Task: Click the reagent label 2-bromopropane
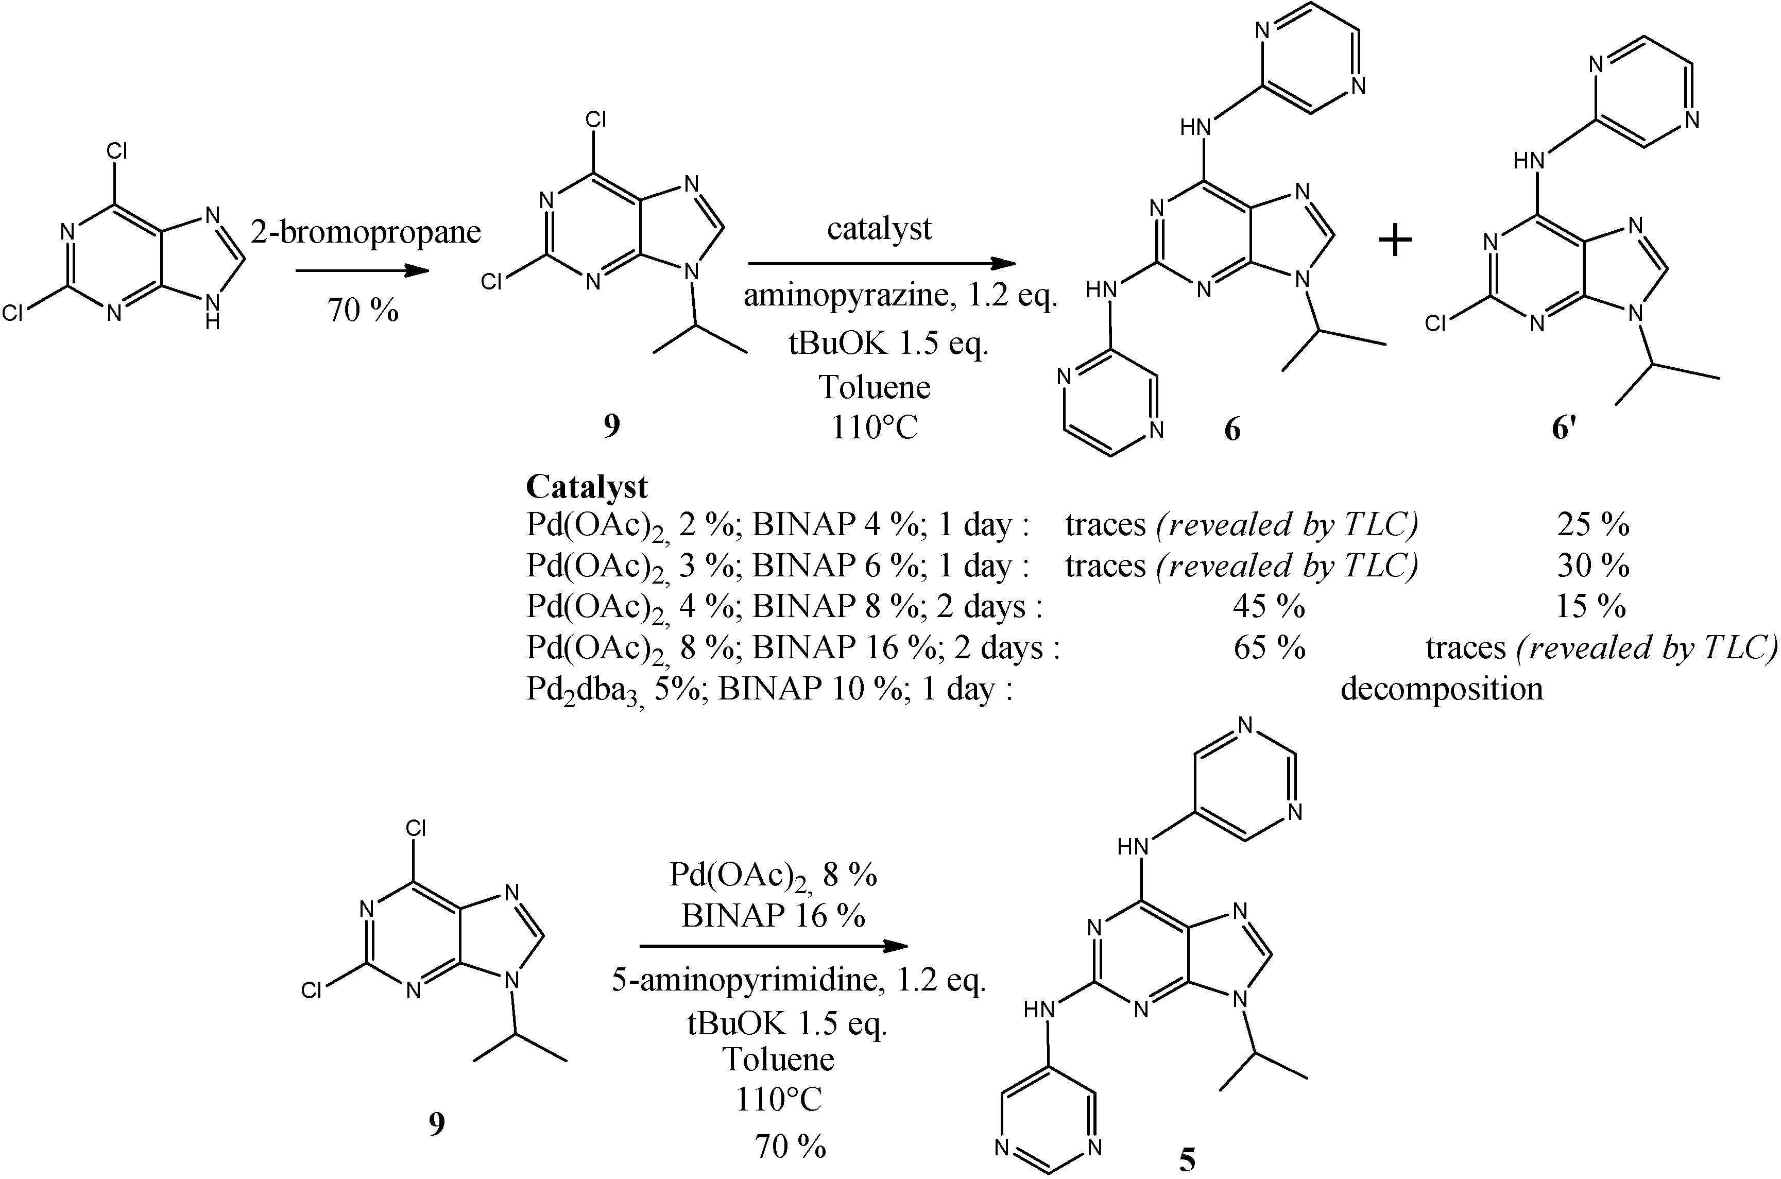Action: [x=365, y=232]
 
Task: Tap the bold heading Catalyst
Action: [x=587, y=487]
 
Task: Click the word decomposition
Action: [x=1441, y=689]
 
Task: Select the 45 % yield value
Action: [x=1268, y=607]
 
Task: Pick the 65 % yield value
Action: [x=1268, y=648]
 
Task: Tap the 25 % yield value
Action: [x=1592, y=525]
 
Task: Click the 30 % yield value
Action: [x=1592, y=566]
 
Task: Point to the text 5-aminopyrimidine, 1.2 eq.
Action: [x=798, y=981]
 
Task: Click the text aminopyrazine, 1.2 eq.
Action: [x=900, y=298]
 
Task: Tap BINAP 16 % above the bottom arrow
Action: [x=773, y=916]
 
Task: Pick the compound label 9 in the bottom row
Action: [x=437, y=1124]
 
